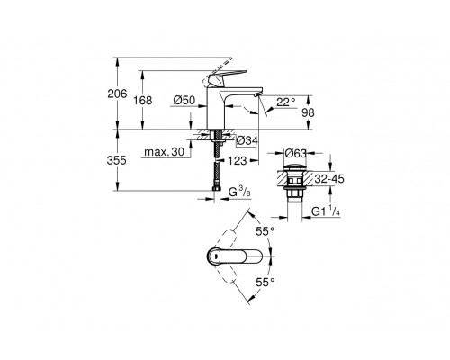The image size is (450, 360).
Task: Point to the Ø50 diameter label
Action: tap(184, 101)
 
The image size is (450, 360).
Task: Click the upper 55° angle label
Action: tap(265, 232)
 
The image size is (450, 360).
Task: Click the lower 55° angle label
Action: tap(265, 282)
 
